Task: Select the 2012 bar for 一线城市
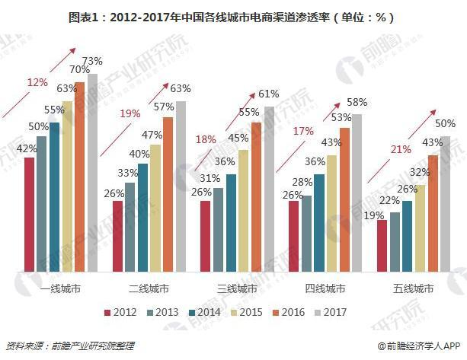tap(30, 214)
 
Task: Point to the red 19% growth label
tap(130, 113)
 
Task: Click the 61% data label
tap(268, 94)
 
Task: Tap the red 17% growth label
tap(303, 131)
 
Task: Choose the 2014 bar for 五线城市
tap(408, 235)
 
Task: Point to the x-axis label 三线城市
tap(237, 289)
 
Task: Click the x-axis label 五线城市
tap(414, 289)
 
